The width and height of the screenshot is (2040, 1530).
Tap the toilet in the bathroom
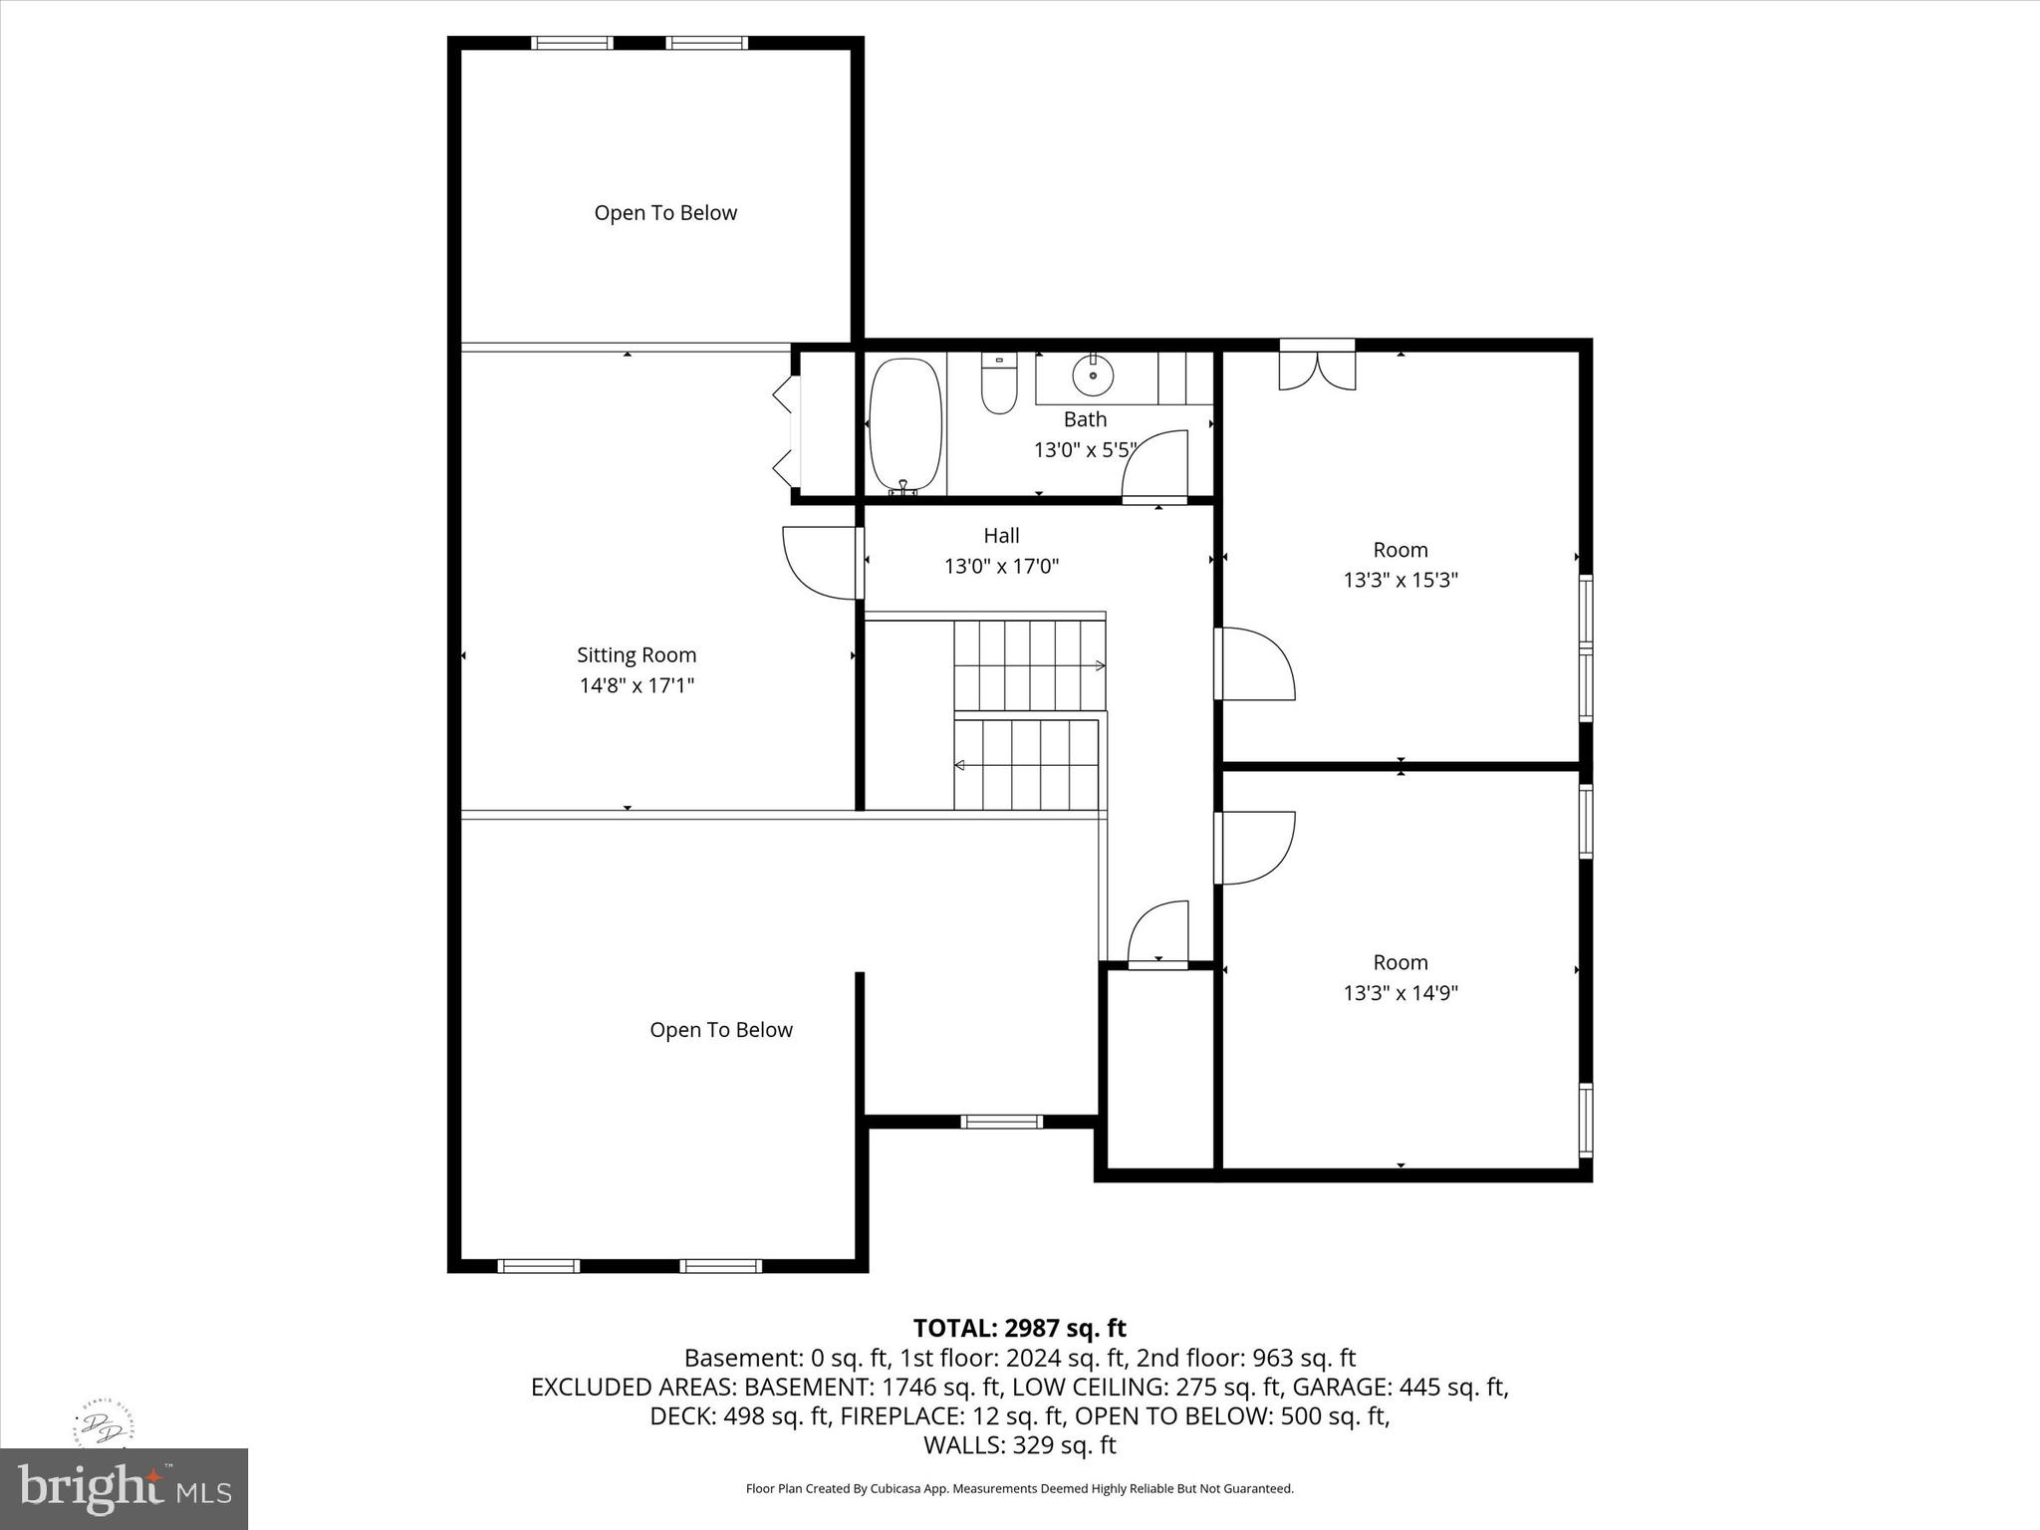[x=998, y=385]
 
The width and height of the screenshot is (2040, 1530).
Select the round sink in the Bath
[x=1093, y=376]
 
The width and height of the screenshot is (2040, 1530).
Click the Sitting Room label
[x=637, y=654]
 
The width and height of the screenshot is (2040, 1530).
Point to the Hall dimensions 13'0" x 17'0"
[x=1001, y=567]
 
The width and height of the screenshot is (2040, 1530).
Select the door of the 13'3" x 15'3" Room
[x=1255, y=662]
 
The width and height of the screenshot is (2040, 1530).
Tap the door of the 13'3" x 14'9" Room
[x=1255, y=848]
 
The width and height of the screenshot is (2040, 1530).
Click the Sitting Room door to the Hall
[x=821, y=564]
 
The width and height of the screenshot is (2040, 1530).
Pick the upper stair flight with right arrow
[x=1029, y=664]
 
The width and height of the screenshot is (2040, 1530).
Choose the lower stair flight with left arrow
[x=1026, y=765]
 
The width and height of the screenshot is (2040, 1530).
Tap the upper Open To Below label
[x=665, y=213]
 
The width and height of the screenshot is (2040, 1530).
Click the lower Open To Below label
[x=721, y=1030]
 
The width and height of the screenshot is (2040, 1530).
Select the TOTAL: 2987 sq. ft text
[x=1019, y=1328]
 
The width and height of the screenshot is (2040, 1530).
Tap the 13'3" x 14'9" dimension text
[x=1401, y=993]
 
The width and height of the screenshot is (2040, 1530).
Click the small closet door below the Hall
[x=1158, y=933]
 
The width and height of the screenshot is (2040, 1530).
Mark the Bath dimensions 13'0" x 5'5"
[x=1084, y=450]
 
